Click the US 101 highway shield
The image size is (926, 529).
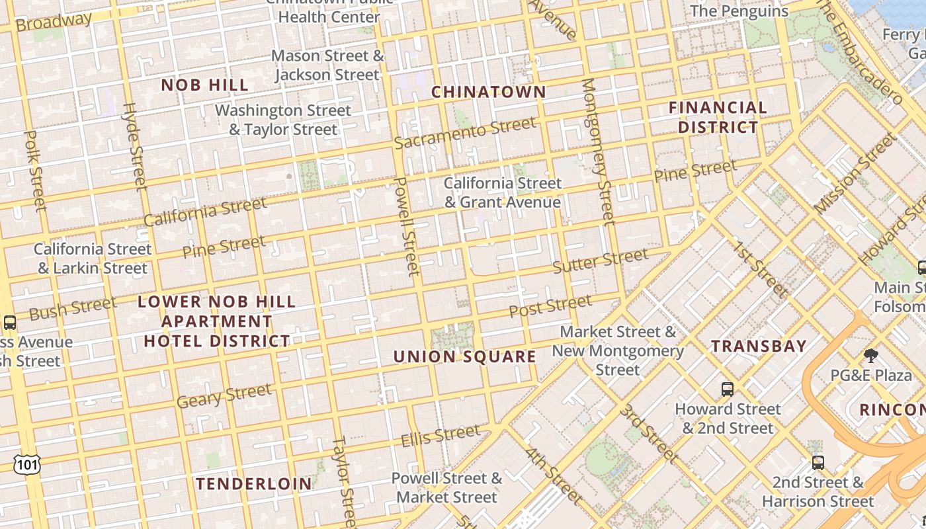click(x=27, y=464)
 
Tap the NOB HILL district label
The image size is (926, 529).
click(x=205, y=85)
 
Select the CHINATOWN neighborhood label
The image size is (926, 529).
click(x=489, y=93)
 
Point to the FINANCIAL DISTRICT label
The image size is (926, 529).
click(x=718, y=117)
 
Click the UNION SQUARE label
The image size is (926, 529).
click(x=465, y=357)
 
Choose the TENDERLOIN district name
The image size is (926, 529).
click(x=254, y=484)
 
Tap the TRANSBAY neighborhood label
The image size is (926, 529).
click(x=759, y=346)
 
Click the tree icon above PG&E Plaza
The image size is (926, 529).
click(x=871, y=356)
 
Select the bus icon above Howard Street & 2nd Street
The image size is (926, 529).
click(x=728, y=389)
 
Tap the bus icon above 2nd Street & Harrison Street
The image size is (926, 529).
click(x=818, y=462)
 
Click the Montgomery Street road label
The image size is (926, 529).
click(x=599, y=151)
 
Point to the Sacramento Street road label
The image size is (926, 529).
click(x=465, y=133)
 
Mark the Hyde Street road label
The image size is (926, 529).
click(x=134, y=146)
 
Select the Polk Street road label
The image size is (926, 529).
click(x=35, y=170)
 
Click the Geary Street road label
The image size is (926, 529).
click(x=224, y=395)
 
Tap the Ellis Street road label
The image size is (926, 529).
click(x=441, y=436)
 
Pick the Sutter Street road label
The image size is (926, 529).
click(x=601, y=261)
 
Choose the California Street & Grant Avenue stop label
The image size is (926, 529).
click(x=503, y=192)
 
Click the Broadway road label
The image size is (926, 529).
click(x=54, y=21)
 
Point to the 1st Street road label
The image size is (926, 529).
click(x=761, y=270)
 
